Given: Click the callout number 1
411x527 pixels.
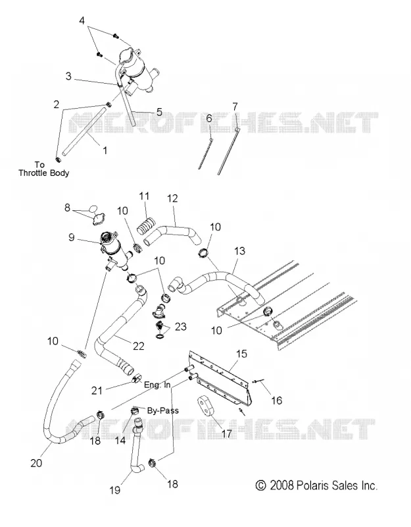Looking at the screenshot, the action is click(x=105, y=150).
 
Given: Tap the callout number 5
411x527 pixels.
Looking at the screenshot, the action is click(x=159, y=112).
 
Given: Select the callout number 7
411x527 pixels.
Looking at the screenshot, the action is click(x=235, y=107).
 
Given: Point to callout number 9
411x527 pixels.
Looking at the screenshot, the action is click(x=71, y=237).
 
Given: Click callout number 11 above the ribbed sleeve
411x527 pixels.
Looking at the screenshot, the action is click(x=144, y=196).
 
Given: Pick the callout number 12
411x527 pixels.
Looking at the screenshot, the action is click(x=172, y=198).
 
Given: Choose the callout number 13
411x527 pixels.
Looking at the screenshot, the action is click(x=240, y=251).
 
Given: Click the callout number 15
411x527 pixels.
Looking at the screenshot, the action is click(x=241, y=354).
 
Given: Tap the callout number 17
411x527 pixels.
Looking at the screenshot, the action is click(x=227, y=433).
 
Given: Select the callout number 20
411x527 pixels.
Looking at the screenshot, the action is click(x=36, y=463).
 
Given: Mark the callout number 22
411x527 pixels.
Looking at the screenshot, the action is click(x=138, y=346).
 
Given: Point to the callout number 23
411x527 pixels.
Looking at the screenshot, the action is click(x=180, y=326).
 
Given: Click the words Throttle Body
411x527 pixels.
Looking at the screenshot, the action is click(x=43, y=173).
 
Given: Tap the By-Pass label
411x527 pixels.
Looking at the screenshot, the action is click(x=162, y=410).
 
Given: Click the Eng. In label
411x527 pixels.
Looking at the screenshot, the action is click(x=157, y=385).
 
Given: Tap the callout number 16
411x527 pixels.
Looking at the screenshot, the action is click(x=276, y=401).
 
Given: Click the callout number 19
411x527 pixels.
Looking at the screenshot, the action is click(x=114, y=490).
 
